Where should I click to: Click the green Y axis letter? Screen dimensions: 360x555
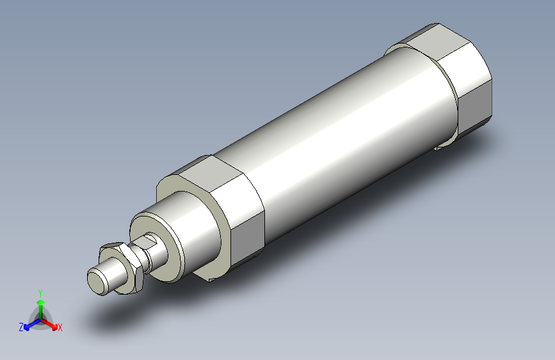pyautogui.click(x=40, y=291)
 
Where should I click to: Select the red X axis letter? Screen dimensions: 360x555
pyautogui.click(x=60, y=328)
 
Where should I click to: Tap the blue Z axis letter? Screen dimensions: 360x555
pyautogui.click(x=21, y=327)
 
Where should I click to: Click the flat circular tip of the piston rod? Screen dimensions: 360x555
pyautogui.click(x=98, y=281)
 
